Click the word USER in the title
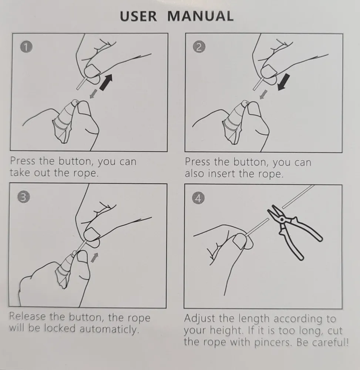pos(138,16)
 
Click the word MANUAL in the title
pos(200,16)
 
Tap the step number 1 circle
pos(26,47)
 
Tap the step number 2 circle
pos(199,47)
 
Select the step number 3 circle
pos(24,197)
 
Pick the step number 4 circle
pos(198,198)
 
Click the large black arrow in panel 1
pos(106,82)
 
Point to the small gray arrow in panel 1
pos(93,94)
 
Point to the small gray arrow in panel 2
pos(263,94)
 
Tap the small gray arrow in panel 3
pos(94,257)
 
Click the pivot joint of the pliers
pos(282,219)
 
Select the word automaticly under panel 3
pos(109,329)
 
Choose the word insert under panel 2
pos(222,174)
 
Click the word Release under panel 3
pos(27,316)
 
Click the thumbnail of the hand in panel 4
pos(240,241)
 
